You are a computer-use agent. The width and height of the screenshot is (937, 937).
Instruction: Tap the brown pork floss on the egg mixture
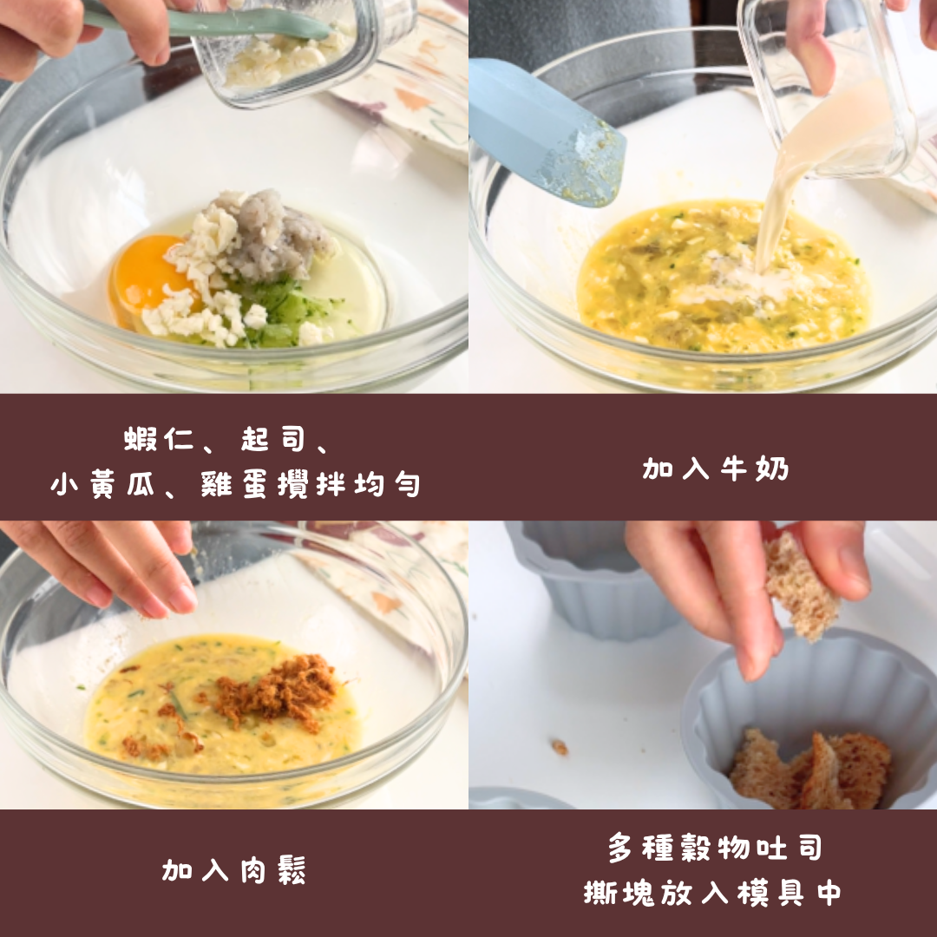click(x=275, y=692)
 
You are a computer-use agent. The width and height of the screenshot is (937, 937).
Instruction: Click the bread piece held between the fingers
click(x=801, y=588)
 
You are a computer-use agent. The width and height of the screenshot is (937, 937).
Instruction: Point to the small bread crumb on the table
click(x=560, y=746)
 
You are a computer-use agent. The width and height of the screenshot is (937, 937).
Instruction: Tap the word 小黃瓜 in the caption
click(x=102, y=484)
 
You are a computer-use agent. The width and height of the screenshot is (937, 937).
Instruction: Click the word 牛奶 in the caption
click(x=755, y=468)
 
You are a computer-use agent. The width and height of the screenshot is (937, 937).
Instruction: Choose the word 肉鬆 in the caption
click(x=273, y=870)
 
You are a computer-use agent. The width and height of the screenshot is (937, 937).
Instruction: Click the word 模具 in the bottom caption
click(x=770, y=894)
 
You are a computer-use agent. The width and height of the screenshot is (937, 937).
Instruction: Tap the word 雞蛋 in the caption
click(x=233, y=484)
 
